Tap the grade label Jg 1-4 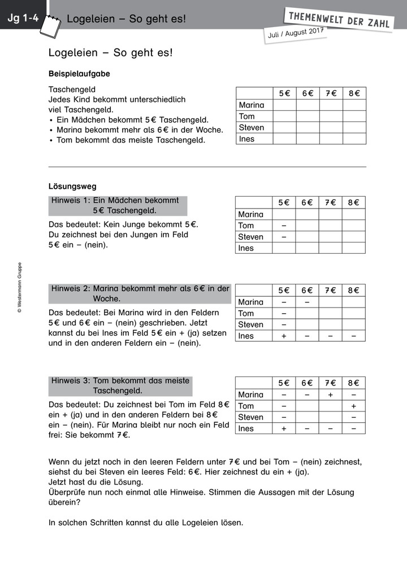coord(23,19)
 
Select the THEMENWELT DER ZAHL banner coord(339,19)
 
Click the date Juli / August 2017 coord(296,33)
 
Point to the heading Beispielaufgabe coord(79,73)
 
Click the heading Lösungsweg coord(72,185)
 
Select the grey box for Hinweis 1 coord(118,206)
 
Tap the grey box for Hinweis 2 coord(140,293)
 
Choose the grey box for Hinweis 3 coord(120,386)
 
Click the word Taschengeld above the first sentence coord(72,89)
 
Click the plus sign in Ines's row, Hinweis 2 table coord(284,336)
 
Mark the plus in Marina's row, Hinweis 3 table coord(330,395)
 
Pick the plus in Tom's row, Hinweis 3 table coord(353,406)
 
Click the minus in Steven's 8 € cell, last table coord(353,417)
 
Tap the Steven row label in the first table coord(252,128)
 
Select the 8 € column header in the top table coord(354,93)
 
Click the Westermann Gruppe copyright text coord(19,288)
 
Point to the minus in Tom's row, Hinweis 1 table coord(284,226)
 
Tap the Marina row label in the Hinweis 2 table coord(251,302)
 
